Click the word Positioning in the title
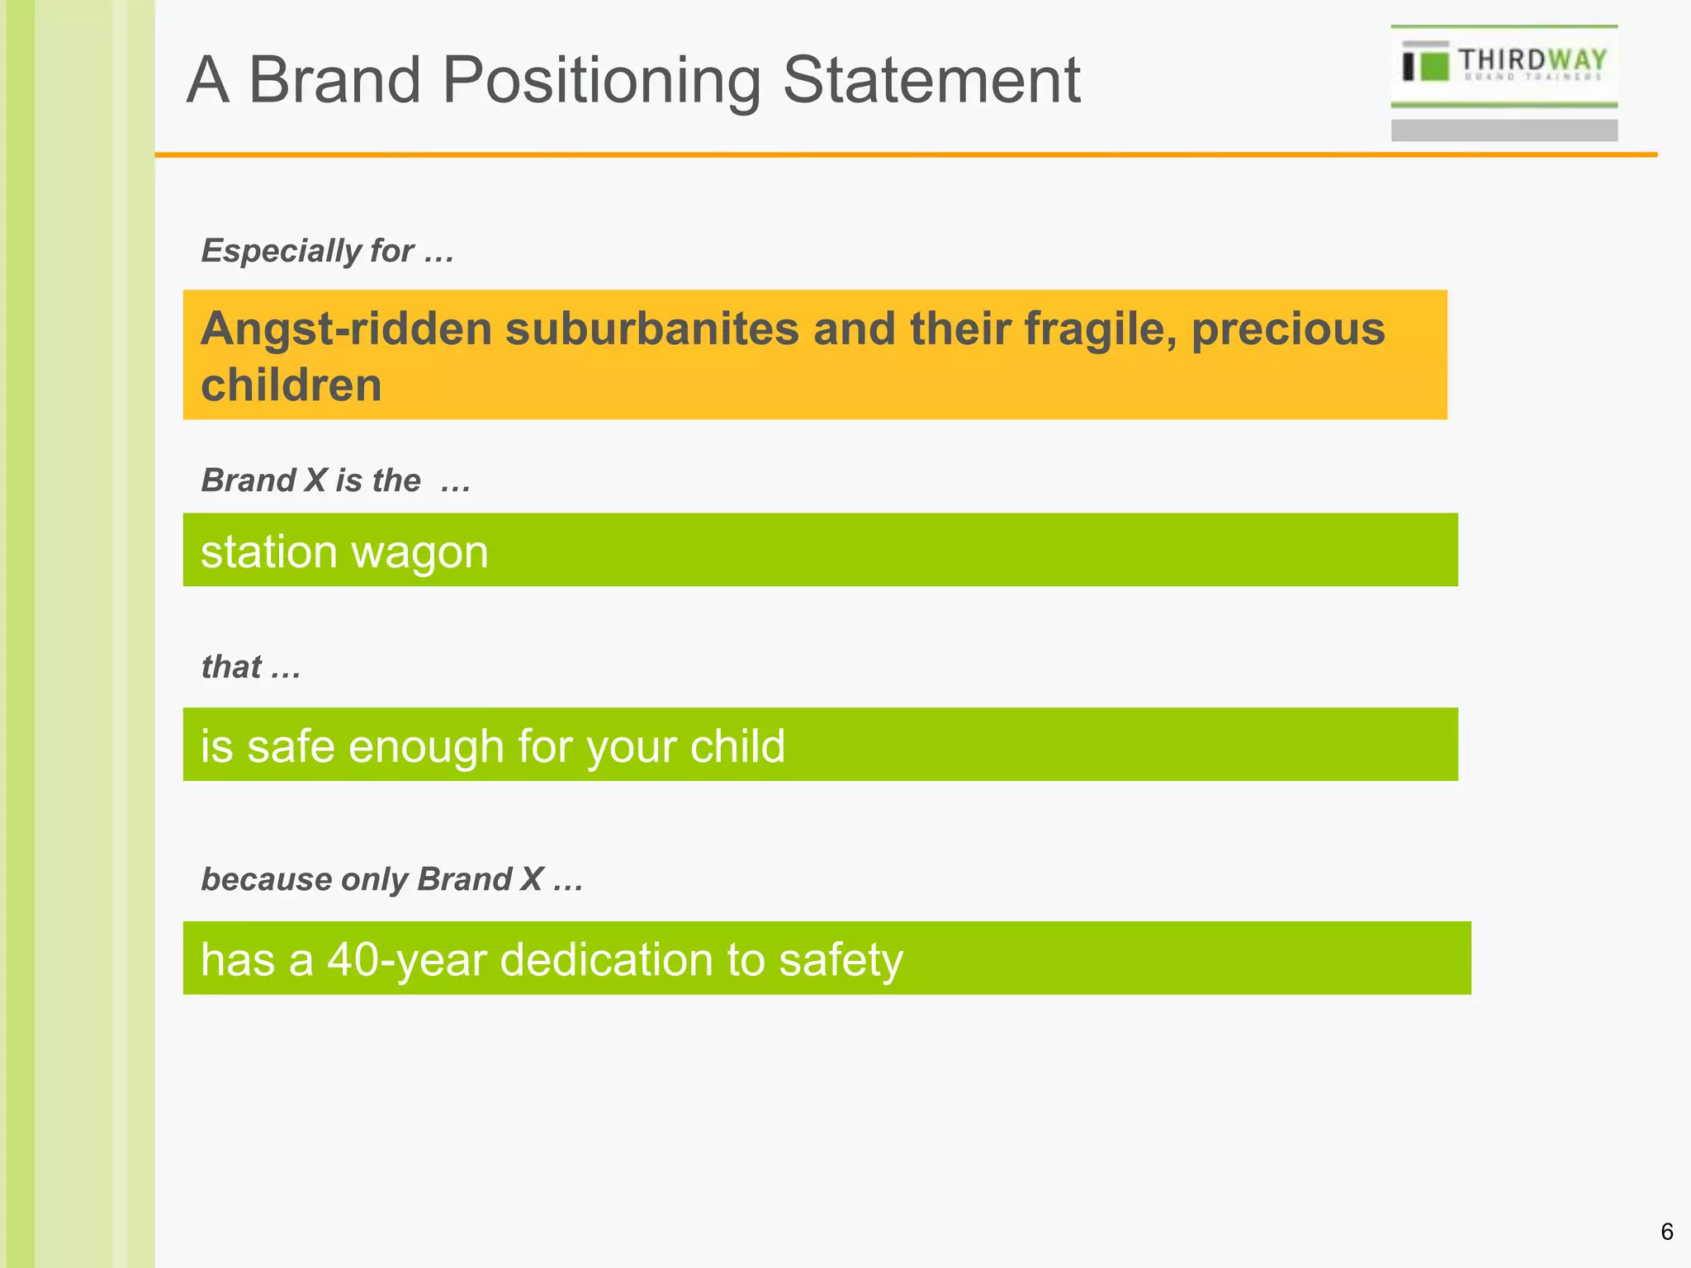click(600, 81)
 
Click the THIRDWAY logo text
click(1532, 60)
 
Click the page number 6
click(1666, 1232)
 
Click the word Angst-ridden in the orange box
click(347, 329)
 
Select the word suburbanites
click(651, 328)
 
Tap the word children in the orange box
click(291, 385)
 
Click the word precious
click(1287, 329)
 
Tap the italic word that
click(232, 666)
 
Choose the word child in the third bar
click(737, 746)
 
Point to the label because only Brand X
click(391, 879)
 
